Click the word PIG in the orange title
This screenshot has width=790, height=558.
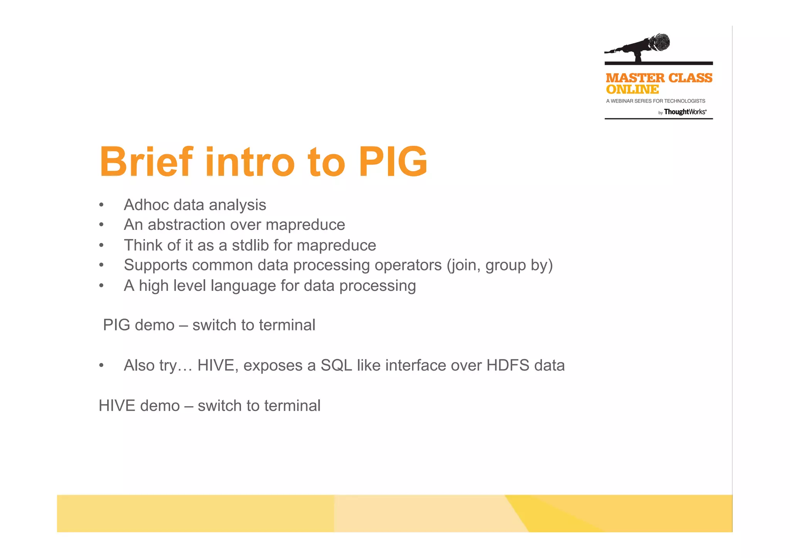(x=393, y=162)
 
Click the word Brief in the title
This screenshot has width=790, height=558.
(x=146, y=162)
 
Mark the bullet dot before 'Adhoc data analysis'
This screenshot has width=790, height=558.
(x=101, y=205)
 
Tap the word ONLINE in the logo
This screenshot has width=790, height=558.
(x=632, y=89)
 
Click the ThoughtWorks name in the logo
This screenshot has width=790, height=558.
(x=685, y=112)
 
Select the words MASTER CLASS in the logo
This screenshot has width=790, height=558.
(x=658, y=78)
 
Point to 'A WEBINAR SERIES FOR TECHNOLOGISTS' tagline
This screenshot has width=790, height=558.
(x=655, y=101)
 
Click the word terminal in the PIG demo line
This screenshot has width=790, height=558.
(x=287, y=325)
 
